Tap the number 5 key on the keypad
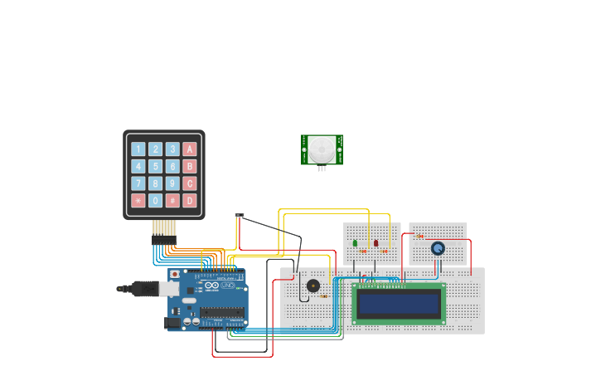(156, 166)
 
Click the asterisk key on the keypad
(138, 200)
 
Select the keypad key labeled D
(190, 200)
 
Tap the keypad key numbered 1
(138, 149)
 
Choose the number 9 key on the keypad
(172, 183)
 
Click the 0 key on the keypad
(156, 200)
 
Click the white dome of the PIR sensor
(322, 149)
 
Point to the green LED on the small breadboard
(356, 243)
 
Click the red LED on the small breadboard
(376, 243)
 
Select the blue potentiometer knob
(438, 247)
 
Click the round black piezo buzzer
(313, 286)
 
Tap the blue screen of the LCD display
(399, 303)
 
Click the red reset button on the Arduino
(174, 273)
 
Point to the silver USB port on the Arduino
(168, 288)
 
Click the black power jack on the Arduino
(172, 322)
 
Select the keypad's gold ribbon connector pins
(164, 228)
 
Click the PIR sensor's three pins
(322, 168)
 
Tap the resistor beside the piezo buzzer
(323, 295)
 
